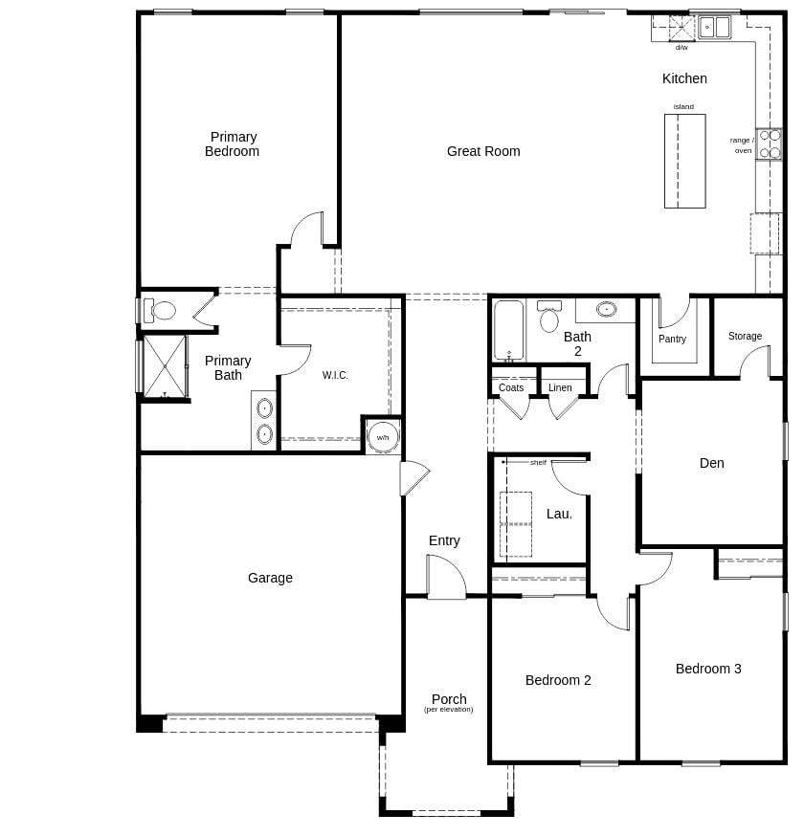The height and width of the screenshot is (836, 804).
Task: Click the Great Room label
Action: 483,151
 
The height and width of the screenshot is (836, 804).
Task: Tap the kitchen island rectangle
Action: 684,161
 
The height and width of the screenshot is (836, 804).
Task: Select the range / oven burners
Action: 770,143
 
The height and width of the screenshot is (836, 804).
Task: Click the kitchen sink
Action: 714,27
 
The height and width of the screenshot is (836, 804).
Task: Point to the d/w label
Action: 681,47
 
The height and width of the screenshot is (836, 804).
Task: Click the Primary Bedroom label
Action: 233,143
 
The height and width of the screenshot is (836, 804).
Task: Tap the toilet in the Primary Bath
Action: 161,310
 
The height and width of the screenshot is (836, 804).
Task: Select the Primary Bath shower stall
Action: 165,365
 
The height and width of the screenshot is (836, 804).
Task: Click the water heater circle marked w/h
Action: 383,436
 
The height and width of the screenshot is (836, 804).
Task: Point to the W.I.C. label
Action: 335,375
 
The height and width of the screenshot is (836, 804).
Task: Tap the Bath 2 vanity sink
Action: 606,309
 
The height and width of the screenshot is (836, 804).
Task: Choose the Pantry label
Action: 672,339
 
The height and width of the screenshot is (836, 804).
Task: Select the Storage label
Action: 745,336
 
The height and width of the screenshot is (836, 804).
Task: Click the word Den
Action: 711,463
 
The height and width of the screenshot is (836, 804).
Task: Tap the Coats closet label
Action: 511,387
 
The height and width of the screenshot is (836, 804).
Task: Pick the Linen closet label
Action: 560,387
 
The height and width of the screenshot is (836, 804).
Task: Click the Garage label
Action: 270,578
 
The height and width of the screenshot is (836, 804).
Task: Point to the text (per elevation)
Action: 448,710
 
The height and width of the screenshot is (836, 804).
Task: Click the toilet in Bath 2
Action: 549,317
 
